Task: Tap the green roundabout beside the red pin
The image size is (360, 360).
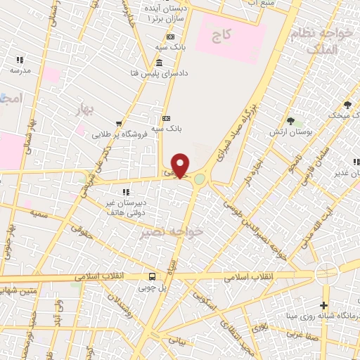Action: [x=200, y=179]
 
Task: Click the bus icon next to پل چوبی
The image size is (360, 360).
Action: [x=153, y=276]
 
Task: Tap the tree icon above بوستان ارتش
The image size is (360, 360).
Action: [x=290, y=121]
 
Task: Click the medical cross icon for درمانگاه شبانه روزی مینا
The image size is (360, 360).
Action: [x=323, y=305]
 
